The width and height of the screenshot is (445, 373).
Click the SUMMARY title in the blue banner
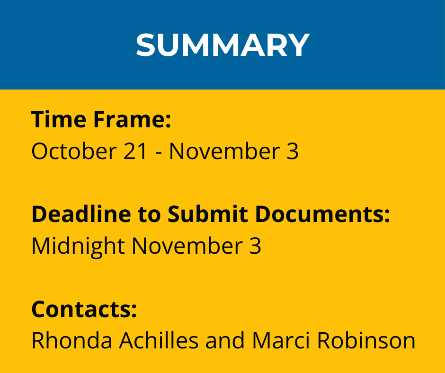pos(223,45)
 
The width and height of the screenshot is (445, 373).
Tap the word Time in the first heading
pos(59,119)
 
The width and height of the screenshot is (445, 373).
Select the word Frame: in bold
pos(132,119)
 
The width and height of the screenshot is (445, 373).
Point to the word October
pos(74,151)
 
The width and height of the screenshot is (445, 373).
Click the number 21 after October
pos(135,151)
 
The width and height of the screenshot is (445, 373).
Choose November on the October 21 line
pos(224,151)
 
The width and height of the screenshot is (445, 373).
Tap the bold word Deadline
pos(81,214)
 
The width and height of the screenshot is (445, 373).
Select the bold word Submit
pos(207,214)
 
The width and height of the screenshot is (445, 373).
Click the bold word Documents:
pos(322,214)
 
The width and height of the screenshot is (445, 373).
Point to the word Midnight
pos(78,246)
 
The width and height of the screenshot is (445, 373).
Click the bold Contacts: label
pos(84,309)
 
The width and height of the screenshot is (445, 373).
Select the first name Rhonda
pos(72,340)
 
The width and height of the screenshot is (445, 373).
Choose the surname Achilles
pos(159,340)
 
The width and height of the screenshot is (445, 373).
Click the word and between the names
pos(225,340)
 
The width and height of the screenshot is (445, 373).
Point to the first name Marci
pos(281,340)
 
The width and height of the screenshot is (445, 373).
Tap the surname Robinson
pos(366,340)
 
